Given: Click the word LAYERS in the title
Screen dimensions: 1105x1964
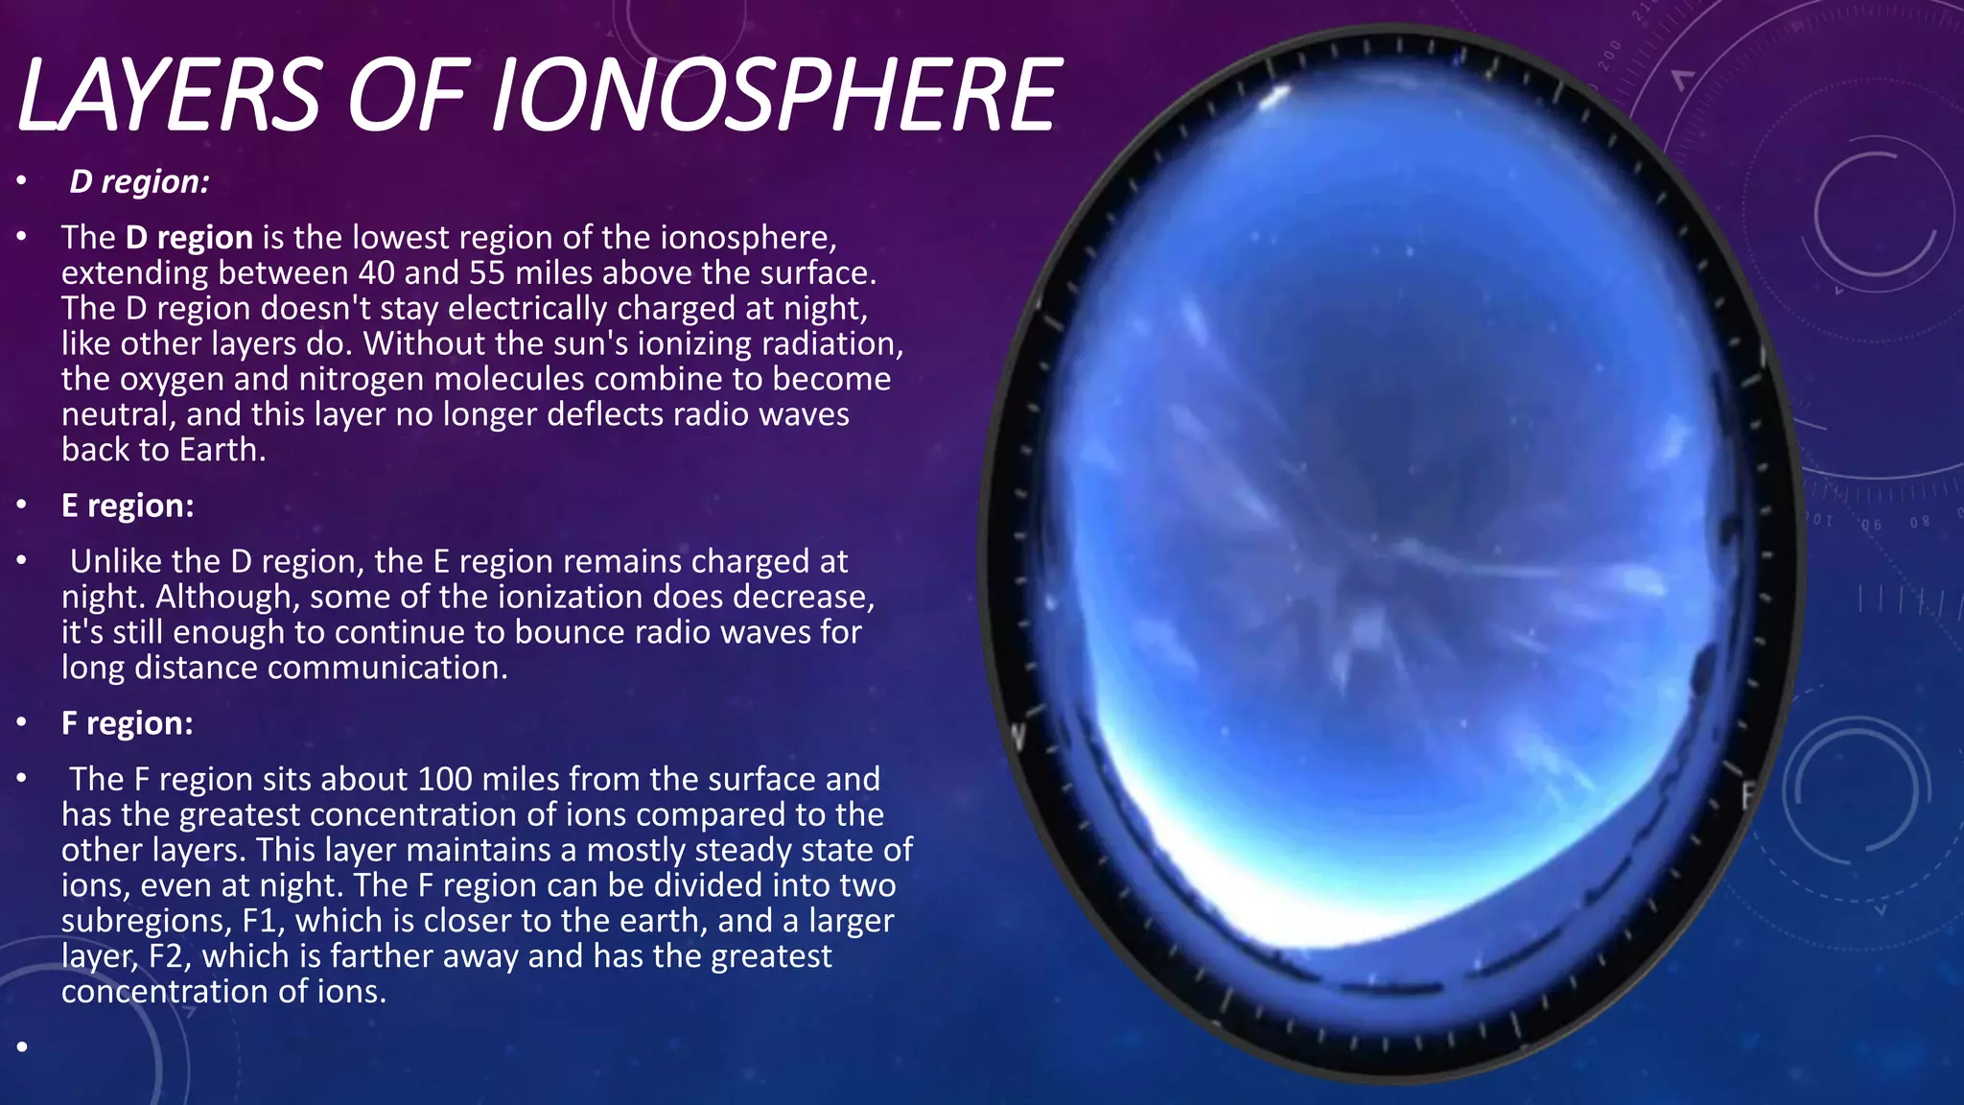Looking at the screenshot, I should pyautogui.click(x=169, y=96).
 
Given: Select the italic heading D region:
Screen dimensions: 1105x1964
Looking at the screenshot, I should pyautogui.click(x=139, y=181).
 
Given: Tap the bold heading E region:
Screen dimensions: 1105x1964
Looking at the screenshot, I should pyautogui.click(x=128, y=505).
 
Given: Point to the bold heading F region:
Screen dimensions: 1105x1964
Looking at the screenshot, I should pyautogui.click(x=128, y=723).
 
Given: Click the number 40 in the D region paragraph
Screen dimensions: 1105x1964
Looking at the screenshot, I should pyautogui.click(x=377, y=273).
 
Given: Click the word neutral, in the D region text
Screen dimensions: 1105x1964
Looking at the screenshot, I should pyautogui.click(x=119, y=414).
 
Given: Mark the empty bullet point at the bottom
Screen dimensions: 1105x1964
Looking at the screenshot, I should pyautogui.click(x=22, y=1046).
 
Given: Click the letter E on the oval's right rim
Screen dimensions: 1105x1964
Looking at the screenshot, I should pyautogui.click(x=1748, y=794).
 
